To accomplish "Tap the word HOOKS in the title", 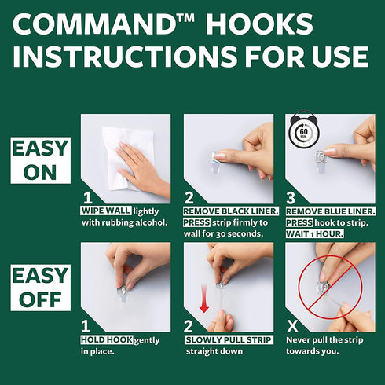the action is click(259, 24).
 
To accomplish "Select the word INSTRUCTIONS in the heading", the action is click(125, 57).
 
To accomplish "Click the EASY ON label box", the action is click(41, 160).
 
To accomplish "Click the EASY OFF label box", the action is click(41, 288).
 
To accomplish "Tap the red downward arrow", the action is click(204, 299).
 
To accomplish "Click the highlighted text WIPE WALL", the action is click(105, 211).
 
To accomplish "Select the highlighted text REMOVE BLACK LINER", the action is click(231, 211).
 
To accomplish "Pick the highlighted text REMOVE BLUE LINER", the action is click(331, 211).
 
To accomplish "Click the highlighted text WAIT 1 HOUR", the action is click(314, 233).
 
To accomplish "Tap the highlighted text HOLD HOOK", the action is click(107, 339).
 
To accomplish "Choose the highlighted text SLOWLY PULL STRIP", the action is click(229, 339).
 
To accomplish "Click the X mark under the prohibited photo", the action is click(292, 326).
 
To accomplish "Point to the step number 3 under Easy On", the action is click(291, 198).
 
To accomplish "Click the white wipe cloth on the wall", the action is click(128, 159).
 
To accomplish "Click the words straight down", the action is click(214, 351).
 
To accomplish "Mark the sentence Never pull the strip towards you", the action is click(324, 346).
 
